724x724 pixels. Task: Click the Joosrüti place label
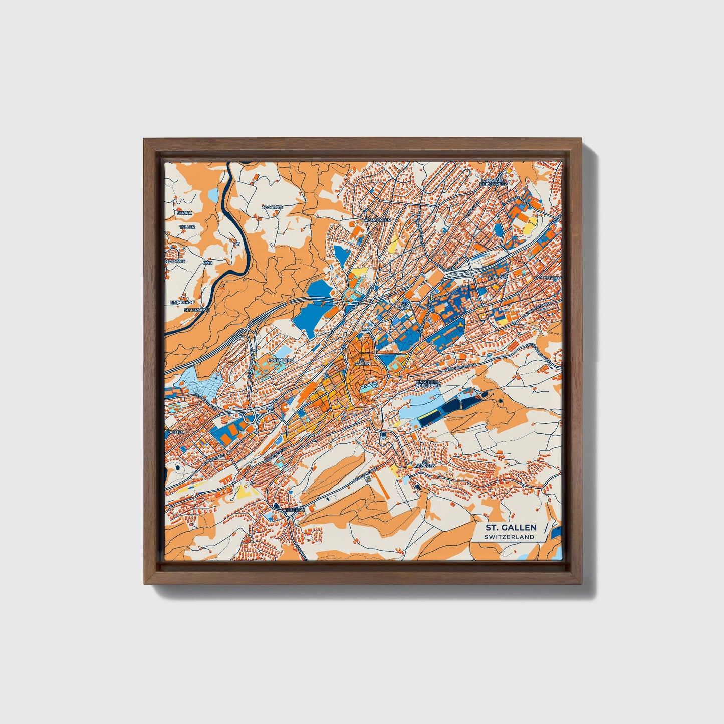[272, 207]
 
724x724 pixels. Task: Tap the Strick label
[184, 213]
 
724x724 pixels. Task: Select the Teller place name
[188, 227]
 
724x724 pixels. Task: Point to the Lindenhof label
[182, 302]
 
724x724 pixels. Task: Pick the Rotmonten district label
[378, 220]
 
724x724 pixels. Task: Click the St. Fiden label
[498, 277]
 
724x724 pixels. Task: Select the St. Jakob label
[404, 305]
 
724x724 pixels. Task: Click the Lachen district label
[176, 431]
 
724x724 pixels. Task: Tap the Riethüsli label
[294, 510]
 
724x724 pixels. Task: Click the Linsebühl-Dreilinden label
[428, 383]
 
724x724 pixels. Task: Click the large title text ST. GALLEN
[510, 527]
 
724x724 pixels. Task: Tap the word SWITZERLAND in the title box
[509, 537]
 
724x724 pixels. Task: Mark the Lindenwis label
[176, 261]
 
